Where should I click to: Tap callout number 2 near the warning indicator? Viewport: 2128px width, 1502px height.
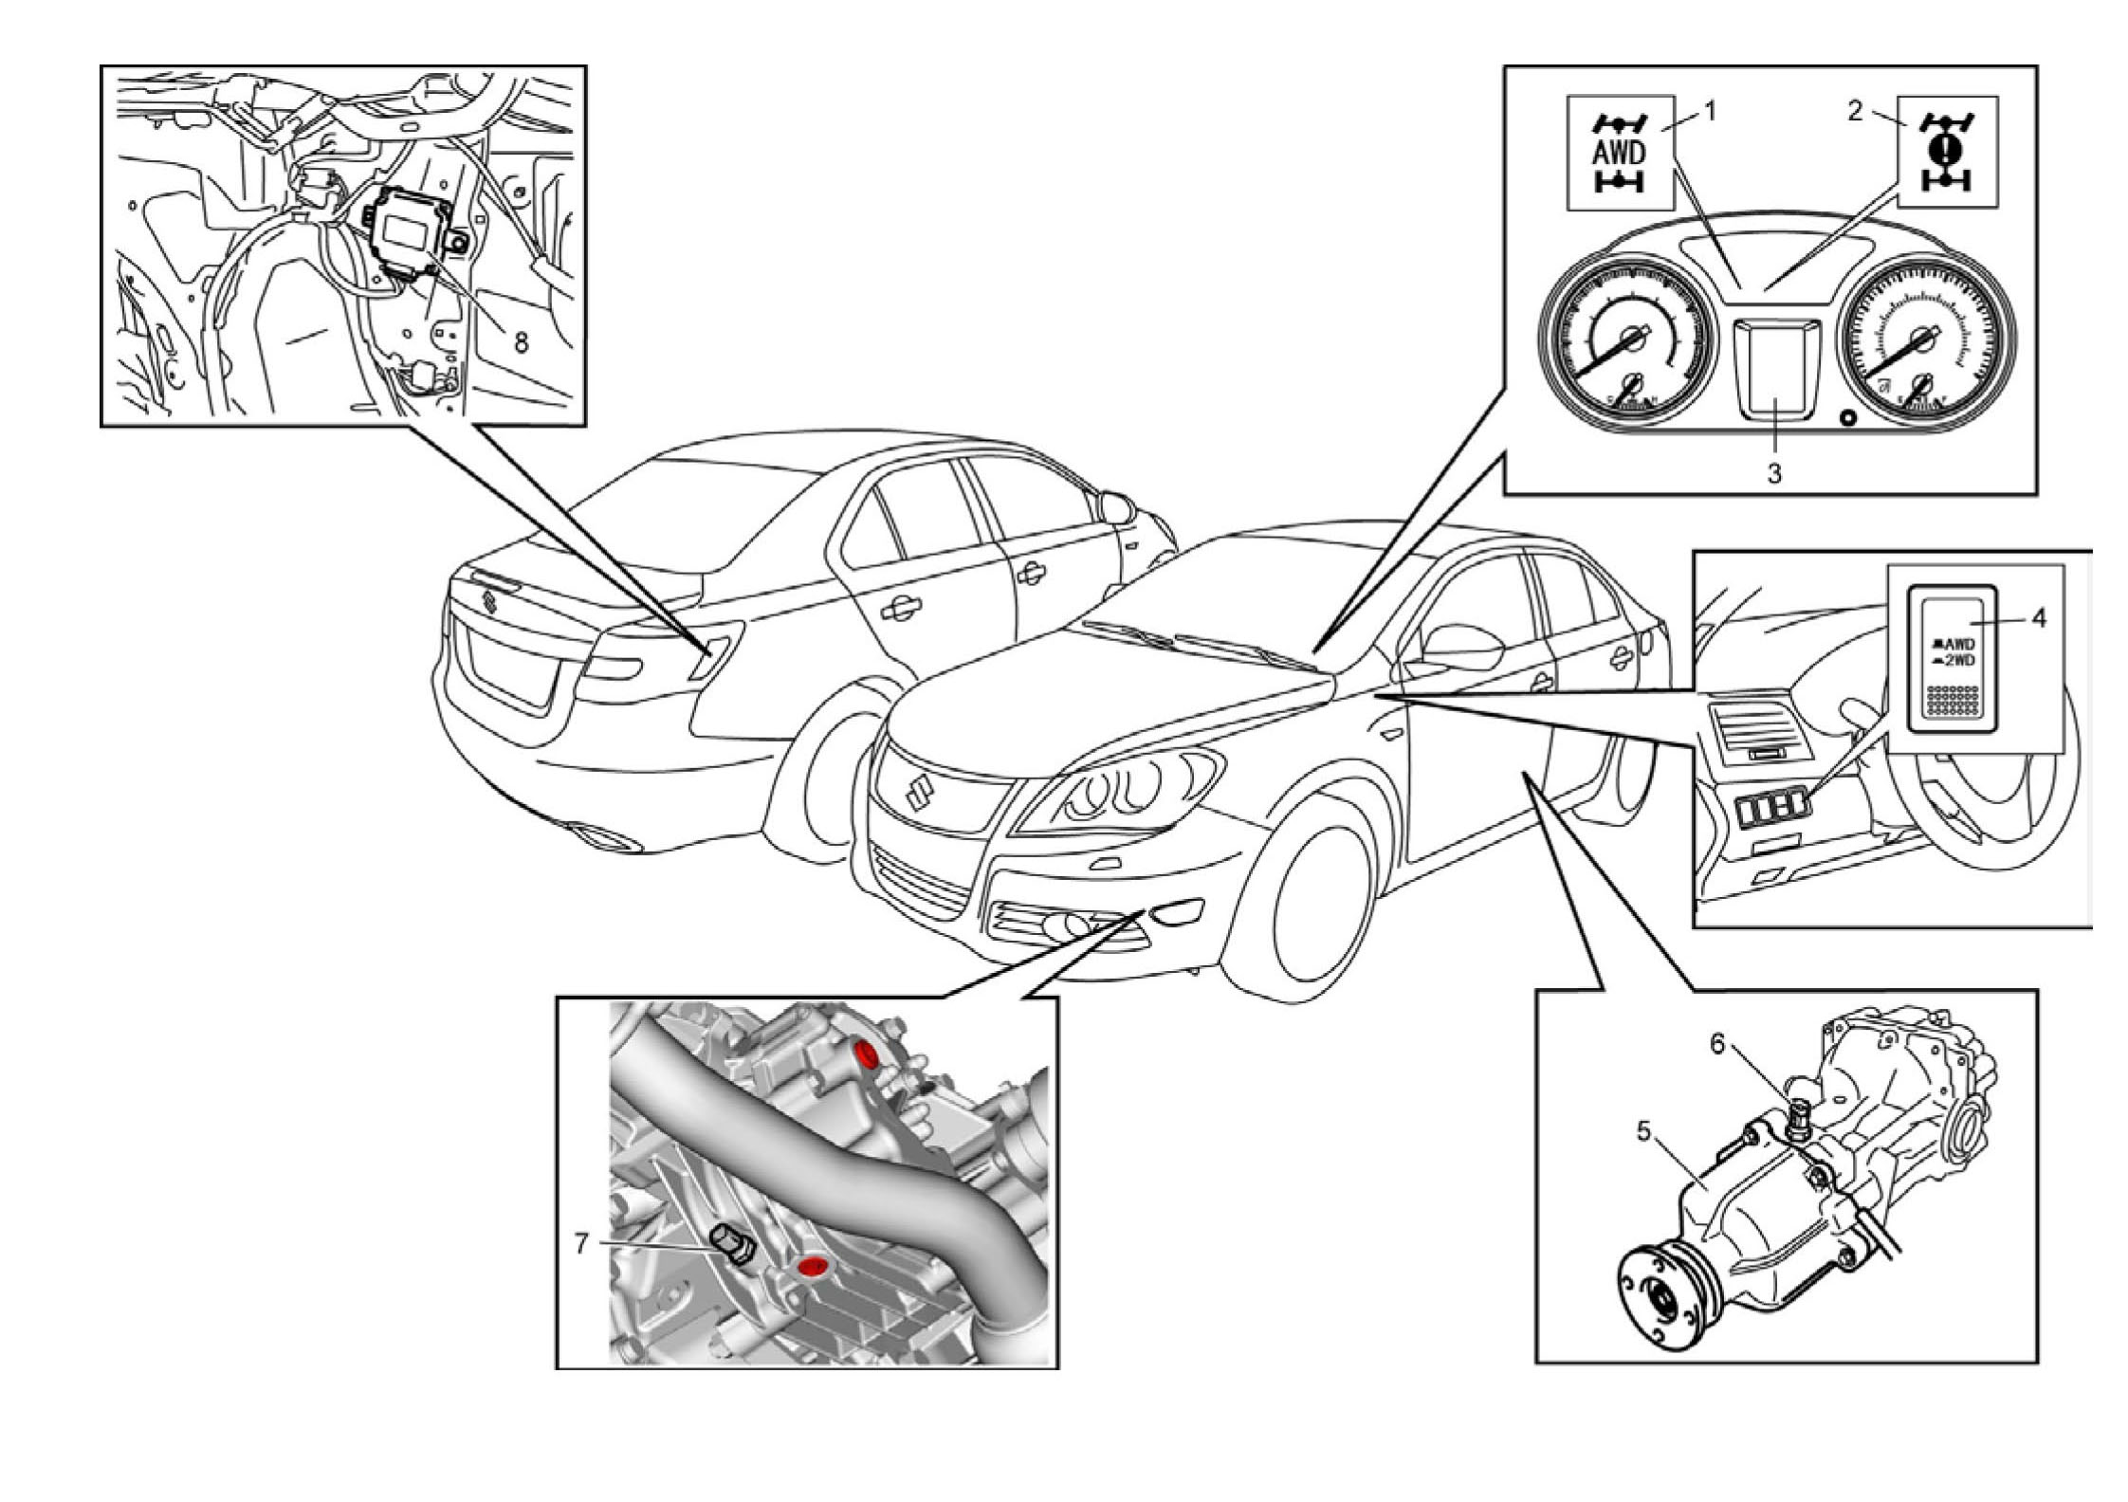pos(1854,112)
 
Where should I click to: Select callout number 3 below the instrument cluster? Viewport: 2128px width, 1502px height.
pos(1773,473)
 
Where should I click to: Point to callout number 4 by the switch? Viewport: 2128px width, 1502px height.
pos(2038,619)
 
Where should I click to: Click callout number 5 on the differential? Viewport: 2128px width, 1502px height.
pos(1643,1131)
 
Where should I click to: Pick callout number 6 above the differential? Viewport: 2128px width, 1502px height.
pos(1717,1044)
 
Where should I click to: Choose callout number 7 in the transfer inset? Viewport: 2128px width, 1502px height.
pos(581,1243)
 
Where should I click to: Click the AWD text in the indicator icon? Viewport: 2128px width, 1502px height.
pos(1619,152)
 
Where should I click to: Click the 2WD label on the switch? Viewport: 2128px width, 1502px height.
pos(1954,660)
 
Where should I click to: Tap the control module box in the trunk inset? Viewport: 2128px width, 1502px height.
pos(411,230)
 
